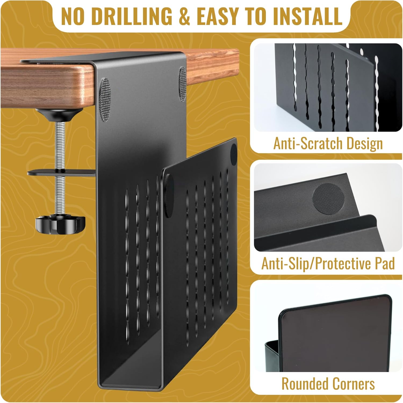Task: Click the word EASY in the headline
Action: tap(220, 16)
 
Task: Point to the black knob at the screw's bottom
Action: tap(49, 222)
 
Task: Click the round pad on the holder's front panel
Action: tap(233, 151)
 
